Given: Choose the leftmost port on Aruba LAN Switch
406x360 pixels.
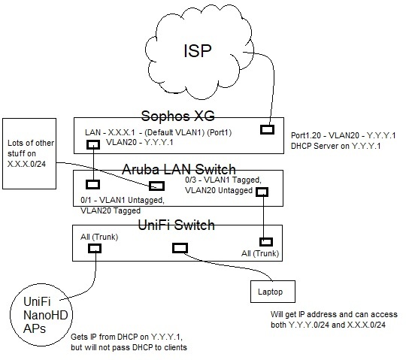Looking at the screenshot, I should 93,184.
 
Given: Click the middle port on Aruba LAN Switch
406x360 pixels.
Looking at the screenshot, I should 156,186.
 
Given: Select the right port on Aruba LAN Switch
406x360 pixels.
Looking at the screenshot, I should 262,192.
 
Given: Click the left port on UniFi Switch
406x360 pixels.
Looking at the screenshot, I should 95,248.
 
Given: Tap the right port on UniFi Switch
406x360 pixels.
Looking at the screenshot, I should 265,242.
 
